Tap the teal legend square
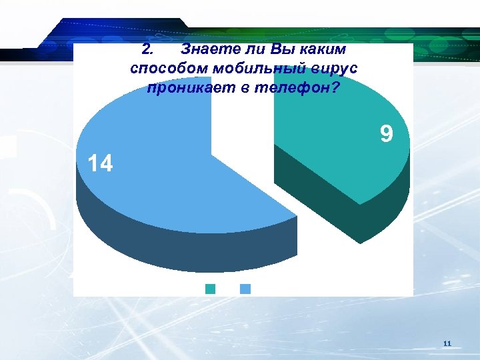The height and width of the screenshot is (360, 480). tap(211, 289)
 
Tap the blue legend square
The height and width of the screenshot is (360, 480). tap(245, 289)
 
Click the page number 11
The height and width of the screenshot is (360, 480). tap(447, 343)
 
